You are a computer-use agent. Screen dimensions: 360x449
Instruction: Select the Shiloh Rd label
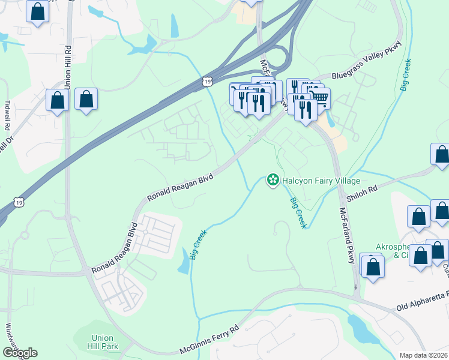[x=363, y=188]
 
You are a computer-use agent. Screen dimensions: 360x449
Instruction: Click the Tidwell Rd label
[x=8, y=116]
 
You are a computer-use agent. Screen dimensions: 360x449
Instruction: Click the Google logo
[x=20, y=353]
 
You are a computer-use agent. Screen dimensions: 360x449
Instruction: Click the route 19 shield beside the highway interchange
[x=208, y=81]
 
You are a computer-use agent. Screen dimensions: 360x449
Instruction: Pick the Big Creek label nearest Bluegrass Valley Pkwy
[x=406, y=74]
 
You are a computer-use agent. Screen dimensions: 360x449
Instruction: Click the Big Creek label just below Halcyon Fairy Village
[x=298, y=212]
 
